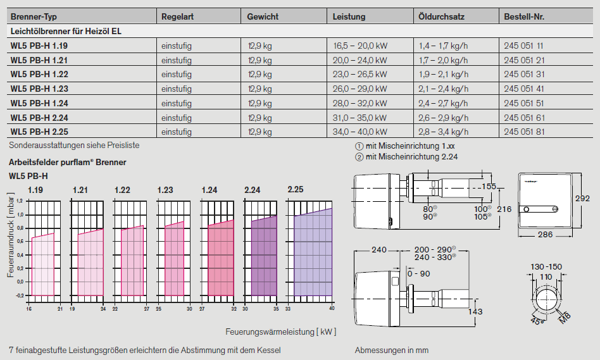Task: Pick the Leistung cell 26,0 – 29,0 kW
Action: pos(359,89)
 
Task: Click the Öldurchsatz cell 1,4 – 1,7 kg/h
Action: pos(443,46)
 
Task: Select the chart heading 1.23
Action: pos(165,190)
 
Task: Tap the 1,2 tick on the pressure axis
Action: pos(19,201)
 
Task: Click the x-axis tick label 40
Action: pos(331,309)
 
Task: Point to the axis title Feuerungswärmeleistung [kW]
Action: pos(280,332)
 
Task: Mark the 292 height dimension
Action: pos(583,199)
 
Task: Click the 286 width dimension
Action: pos(544,235)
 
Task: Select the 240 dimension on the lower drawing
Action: pos(379,250)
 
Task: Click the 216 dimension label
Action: pos(504,208)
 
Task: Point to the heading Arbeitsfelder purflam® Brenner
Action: pos(68,162)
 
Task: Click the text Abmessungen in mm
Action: pos(392,350)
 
